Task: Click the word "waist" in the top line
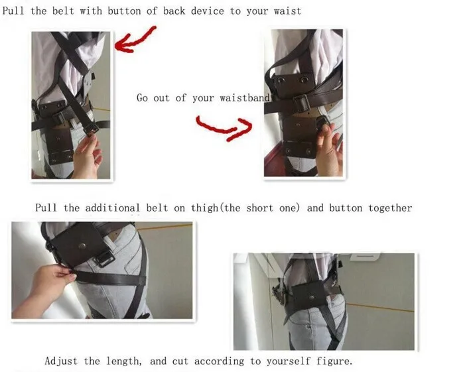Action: (287, 11)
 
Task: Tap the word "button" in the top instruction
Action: (124, 11)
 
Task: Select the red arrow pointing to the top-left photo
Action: (135, 39)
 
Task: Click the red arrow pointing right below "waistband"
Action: (224, 128)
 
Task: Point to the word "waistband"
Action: (244, 98)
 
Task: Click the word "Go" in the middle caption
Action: (142, 98)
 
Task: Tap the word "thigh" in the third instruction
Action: (204, 208)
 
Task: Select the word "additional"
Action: (112, 208)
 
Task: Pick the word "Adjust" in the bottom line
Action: (61, 361)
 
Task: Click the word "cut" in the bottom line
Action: (180, 361)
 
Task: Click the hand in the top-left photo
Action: (87, 155)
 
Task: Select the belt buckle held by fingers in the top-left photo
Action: (91, 129)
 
